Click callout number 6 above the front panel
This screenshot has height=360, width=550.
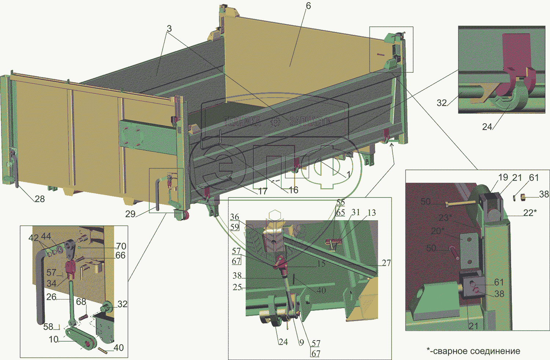pyautogui.click(x=308, y=6)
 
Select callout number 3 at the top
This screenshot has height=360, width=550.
pyautogui.click(x=169, y=29)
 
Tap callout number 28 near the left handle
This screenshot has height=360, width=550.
pyautogui.click(x=40, y=199)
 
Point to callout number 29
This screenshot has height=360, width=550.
pyautogui.click(x=130, y=214)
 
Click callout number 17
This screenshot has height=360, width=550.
pyautogui.click(x=263, y=191)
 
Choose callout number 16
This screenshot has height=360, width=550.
pyautogui.click(x=293, y=190)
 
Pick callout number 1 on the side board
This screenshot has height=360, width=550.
pyautogui.click(x=348, y=175)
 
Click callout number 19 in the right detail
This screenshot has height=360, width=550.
pyautogui.click(x=503, y=178)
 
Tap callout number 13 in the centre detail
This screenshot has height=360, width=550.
pyautogui.click(x=371, y=213)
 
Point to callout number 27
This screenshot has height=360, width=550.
pyautogui.click(x=386, y=263)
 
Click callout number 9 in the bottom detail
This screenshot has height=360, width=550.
pyautogui.click(x=301, y=342)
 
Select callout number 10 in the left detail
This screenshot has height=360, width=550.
pyautogui.click(x=54, y=339)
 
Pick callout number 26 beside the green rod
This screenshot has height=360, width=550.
pyautogui.click(x=51, y=297)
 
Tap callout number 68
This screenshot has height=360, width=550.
pyautogui.click(x=81, y=302)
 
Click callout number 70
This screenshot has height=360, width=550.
pyautogui.click(x=121, y=246)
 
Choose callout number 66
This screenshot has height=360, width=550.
pyautogui.click(x=120, y=255)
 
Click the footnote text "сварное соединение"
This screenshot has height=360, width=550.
pyautogui.click(x=476, y=351)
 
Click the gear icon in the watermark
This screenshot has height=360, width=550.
pyautogui.click(x=275, y=121)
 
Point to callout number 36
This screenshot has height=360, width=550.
pyautogui.click(x=235, y=217)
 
